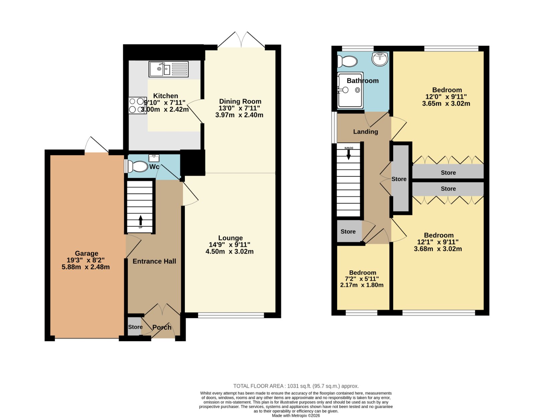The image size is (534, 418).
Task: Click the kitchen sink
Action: click(169, 69)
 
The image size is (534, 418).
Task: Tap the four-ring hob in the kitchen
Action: click(137, 105)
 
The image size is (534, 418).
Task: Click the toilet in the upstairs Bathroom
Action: click(347, 61)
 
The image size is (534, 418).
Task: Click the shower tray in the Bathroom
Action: click(350, 90)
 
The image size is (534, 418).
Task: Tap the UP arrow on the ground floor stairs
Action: click(141, 221)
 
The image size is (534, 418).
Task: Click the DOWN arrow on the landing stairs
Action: click(349, 154)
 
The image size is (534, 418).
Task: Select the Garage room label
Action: click(86, 253)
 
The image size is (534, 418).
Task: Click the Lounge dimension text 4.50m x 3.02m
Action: click(230, 252)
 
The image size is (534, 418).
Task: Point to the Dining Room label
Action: click(240, 101)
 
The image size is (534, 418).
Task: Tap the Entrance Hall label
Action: click(154, 261)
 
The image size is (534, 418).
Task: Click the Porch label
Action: click(162, 327)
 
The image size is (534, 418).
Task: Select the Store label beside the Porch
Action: click(135, 327)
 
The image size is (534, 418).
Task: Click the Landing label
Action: click(365, 132)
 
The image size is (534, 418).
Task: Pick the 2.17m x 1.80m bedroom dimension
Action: click(362, 285)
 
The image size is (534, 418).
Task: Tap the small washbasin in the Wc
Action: click(154, 158)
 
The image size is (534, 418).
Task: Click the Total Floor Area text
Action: click(296, 386)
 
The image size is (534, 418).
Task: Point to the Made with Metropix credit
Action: click(296, 416)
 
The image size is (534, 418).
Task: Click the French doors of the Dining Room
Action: click(241, 40)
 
